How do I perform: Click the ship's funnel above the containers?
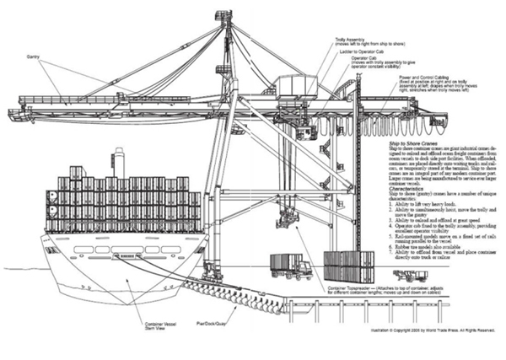120,163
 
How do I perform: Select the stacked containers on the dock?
348,266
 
